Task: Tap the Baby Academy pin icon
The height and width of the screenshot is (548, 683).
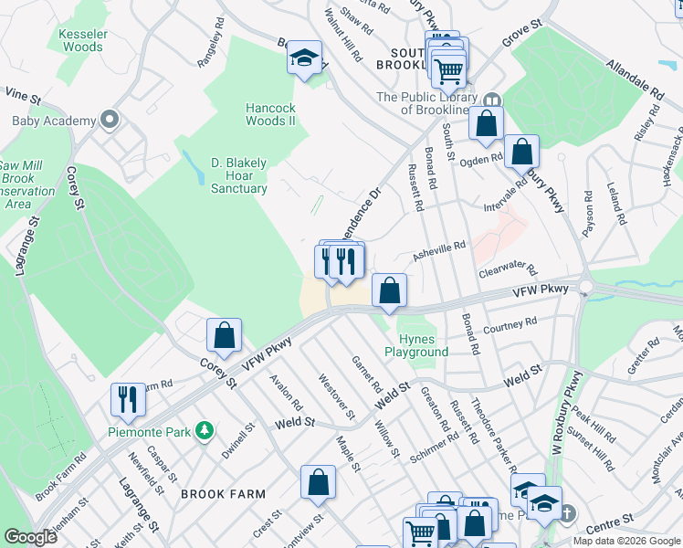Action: [110, 121]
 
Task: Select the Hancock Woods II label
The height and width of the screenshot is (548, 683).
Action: [270, 114]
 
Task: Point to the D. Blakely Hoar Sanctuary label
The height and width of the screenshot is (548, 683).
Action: [239, 175]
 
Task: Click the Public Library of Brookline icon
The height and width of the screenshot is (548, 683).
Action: [492, 100]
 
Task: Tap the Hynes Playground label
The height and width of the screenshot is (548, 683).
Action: [416, 345]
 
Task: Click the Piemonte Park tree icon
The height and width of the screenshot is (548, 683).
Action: [207, 428]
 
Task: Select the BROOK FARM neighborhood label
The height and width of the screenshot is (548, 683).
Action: [223, 494]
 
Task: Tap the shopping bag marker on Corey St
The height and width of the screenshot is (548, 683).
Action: [224, 335]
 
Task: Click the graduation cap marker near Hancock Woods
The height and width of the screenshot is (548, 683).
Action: [304, 58]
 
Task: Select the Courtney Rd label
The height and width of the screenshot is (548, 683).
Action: [510, 326]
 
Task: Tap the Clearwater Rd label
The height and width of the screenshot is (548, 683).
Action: [506, 272]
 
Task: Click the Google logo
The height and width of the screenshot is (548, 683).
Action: [30, 537]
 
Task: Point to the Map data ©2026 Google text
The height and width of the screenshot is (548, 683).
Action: [625, 541]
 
